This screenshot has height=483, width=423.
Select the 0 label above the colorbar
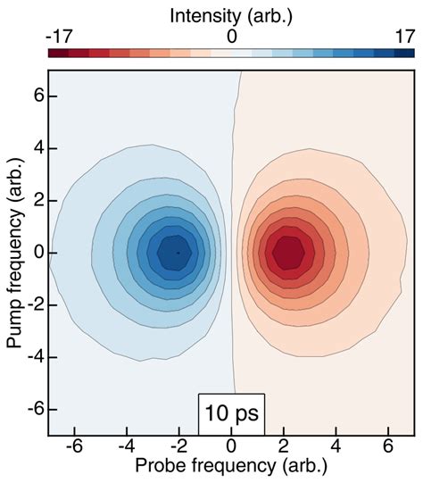[231, 37]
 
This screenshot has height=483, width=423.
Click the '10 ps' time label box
[231, 414]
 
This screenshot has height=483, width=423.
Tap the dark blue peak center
[178, 253]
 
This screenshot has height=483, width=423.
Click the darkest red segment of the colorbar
[58, 54]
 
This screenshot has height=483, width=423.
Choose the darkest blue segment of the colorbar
[405, 54]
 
